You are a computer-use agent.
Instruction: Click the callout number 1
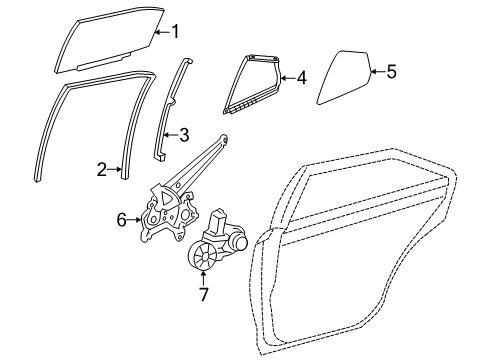click(175, 32)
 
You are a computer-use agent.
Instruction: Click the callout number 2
click(102, 171)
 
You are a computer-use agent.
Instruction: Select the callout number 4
click(302, 75)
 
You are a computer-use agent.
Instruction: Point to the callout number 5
click(391, 70)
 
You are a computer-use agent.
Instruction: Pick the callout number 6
click(122, 218)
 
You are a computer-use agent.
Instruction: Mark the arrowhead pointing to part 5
click(371, 70)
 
